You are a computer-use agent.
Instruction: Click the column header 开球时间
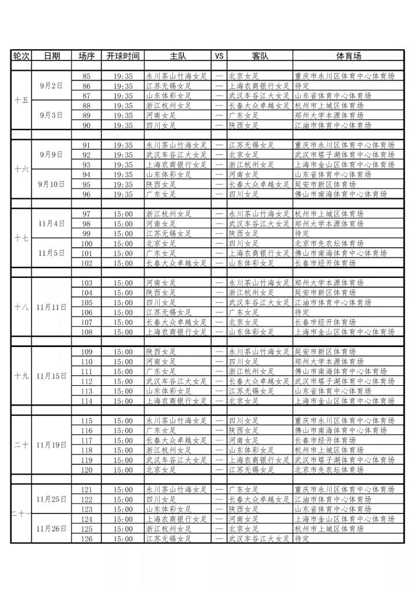pos(123,56)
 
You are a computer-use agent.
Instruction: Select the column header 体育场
pos(348,56)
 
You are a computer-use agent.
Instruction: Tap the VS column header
pos(219,56)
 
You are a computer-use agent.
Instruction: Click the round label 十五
pos(21,100)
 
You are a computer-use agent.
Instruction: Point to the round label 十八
pos(21,307)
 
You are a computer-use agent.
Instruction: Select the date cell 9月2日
pos(52,86)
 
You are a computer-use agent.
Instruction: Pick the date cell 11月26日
pos(52,529)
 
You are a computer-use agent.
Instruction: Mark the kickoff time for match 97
pos(123,214)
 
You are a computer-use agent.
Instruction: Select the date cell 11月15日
pos(52,377)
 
